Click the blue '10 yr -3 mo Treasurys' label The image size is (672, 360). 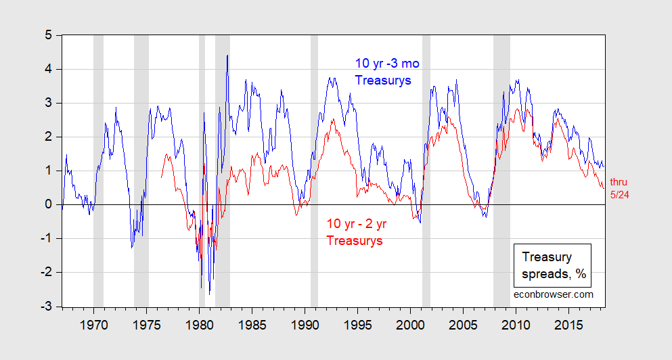coord(387,72)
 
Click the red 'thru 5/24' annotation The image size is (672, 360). coord(619,187)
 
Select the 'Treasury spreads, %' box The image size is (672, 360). coord(552,266)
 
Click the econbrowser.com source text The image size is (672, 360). coord(553,294)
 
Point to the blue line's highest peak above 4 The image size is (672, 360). coord(227,55)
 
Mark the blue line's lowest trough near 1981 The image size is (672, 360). coord(209,294)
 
